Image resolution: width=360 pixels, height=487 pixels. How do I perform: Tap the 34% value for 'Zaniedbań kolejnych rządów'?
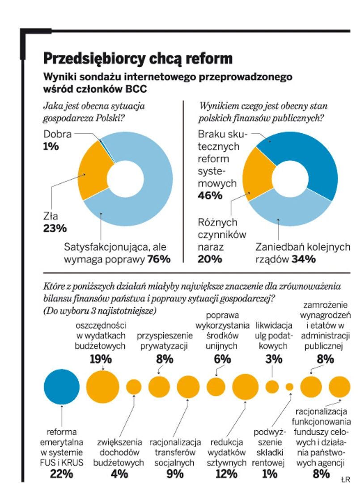tap(304, 259)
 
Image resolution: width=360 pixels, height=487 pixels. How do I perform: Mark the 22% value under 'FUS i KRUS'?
tap(62, 474)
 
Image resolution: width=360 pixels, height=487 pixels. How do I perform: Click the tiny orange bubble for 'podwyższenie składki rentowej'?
tap(289, 387)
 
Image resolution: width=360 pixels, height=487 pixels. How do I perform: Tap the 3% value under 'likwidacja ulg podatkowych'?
tap(274, 359)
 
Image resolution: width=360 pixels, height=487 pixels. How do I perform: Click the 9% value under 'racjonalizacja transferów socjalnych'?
tap(175, 474)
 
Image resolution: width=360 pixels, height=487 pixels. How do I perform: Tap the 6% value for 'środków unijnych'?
tap(222, 359)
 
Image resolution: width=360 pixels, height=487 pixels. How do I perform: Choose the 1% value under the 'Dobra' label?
tap(51, 146)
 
